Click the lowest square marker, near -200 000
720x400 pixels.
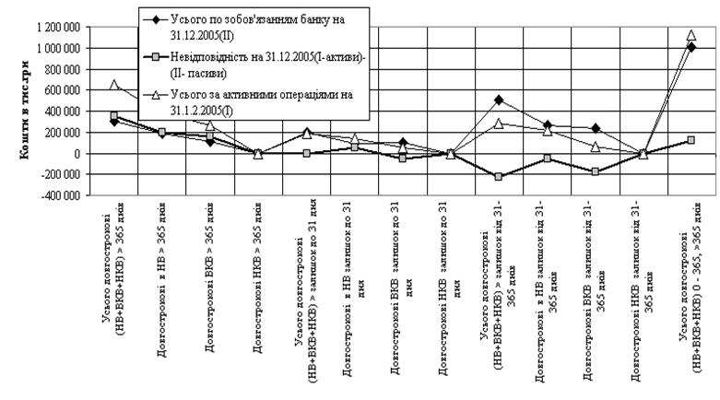point(498,176)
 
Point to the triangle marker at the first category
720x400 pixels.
point(114,85)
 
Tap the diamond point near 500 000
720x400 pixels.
point(498,100)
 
